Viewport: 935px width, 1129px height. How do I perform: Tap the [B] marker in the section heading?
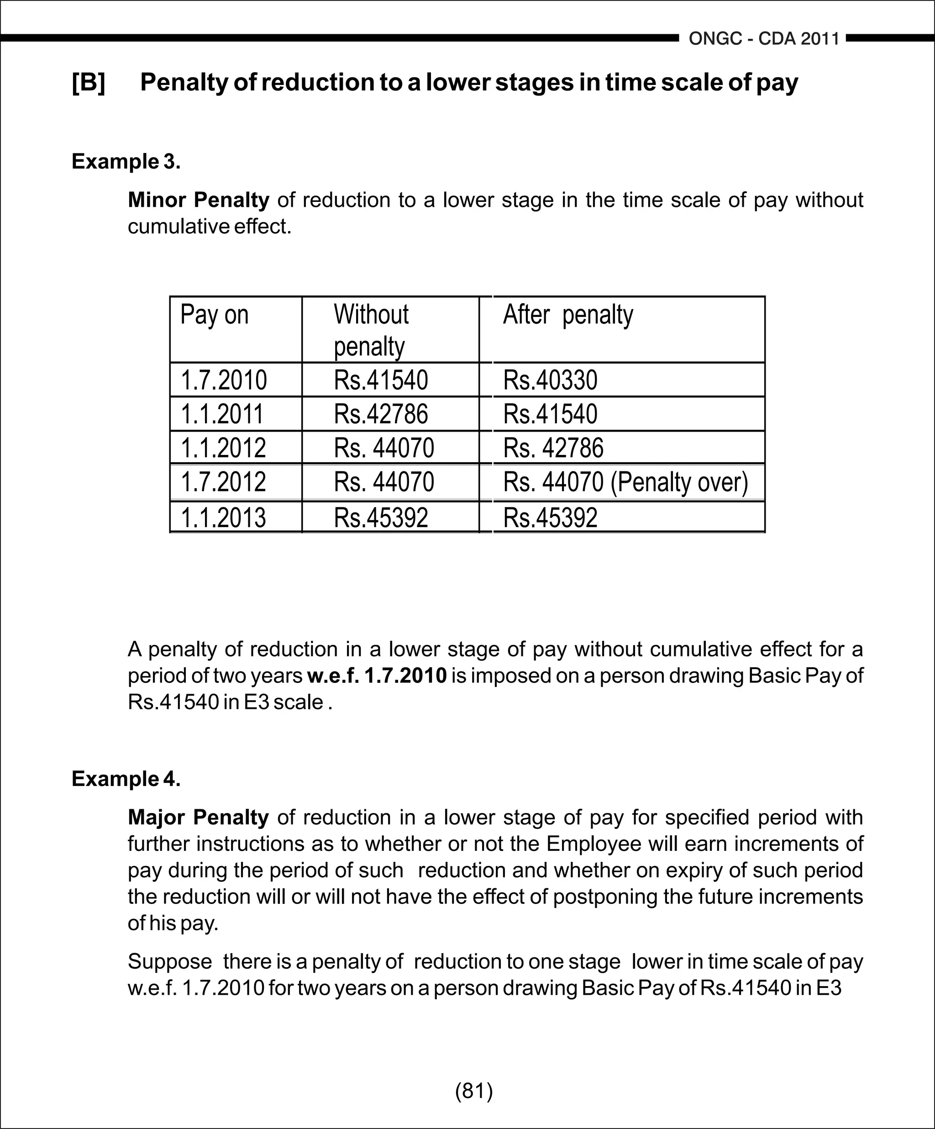pos(89,82)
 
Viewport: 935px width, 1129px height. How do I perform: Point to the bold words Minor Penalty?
pos(198,200)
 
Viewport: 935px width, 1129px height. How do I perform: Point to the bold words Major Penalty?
pos(198,817)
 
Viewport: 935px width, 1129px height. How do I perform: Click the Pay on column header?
pos(215,315)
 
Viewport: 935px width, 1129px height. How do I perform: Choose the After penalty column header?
pos(567,315)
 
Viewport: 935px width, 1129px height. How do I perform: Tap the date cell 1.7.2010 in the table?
pos(224,380)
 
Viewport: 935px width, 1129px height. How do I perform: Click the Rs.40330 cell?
pos(550,380)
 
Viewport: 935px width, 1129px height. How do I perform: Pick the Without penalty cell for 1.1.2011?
pos(381,414)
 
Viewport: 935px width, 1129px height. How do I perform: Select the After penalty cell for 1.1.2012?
pos(553,448)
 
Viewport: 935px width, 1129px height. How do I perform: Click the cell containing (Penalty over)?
pos(625,482)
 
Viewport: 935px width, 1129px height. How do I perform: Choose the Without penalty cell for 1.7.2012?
pos(383,482)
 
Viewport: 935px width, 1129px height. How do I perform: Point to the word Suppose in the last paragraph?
pos(170,961)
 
